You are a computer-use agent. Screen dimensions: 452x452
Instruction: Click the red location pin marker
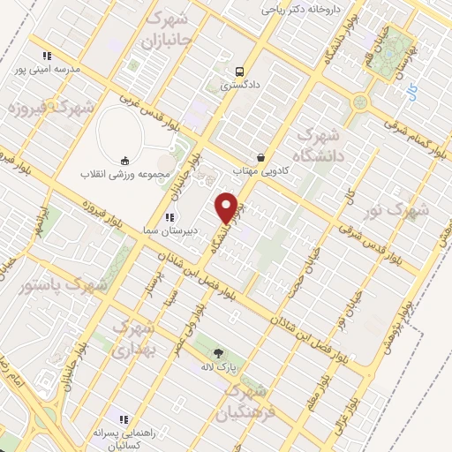point(227,207)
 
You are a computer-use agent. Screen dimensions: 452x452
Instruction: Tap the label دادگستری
point(239,87)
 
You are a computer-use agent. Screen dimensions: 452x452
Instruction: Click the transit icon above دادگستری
point(239,72)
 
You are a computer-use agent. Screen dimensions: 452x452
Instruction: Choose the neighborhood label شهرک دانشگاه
point(320,146)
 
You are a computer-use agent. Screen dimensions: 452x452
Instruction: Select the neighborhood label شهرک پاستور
point(63,286)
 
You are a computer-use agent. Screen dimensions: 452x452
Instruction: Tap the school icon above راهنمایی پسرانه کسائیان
point(124,418)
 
